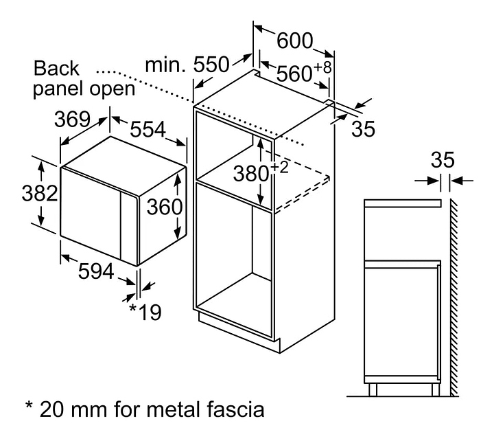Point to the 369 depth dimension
coord(73,119)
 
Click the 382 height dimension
coord(19,194)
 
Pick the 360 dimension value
coord(162,206)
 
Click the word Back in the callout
coord(56,69)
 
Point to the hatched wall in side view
coord(454,295)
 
